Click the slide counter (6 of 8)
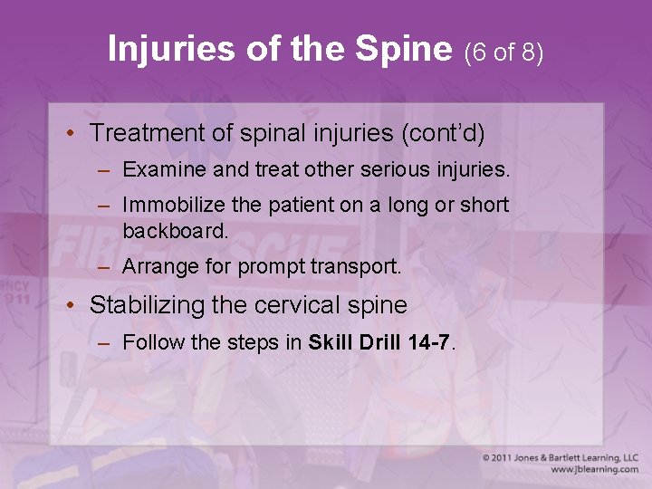(x=503, y=53)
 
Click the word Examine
(x=158, y=169)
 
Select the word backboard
(x=174, y=230)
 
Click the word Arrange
(x=155, y=267)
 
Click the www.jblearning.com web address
(x=594, y=470)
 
